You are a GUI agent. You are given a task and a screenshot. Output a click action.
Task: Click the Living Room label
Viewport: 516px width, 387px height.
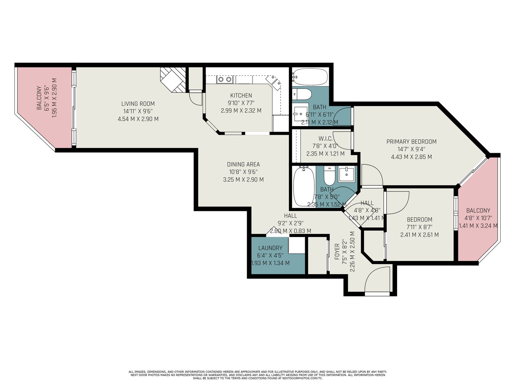coord(138,104)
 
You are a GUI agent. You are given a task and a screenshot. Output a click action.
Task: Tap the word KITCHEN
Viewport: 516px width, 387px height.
coord(241,95)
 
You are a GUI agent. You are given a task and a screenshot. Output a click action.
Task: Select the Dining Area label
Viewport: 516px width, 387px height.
coord(243,164)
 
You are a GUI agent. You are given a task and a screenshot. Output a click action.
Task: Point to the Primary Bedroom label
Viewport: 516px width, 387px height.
coord(412,142)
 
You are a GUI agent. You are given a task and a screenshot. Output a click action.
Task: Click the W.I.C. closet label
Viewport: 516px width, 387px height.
coord(326,139)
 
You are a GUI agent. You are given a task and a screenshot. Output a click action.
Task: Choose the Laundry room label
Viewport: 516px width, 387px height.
coord(270,248)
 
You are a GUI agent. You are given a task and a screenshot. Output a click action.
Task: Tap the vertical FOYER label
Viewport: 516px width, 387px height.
coord(337,252)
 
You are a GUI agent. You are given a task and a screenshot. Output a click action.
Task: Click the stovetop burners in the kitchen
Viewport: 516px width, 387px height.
coord(225,79)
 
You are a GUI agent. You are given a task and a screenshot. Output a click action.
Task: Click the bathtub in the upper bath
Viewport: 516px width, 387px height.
coord(310,77)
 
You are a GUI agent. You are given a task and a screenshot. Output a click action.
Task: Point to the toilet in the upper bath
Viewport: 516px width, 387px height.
coord(302,94)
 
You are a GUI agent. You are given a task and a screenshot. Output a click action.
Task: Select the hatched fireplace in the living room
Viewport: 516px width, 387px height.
coord(173,80)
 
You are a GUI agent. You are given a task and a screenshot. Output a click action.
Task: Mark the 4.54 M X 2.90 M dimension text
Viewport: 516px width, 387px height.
coord(138,119)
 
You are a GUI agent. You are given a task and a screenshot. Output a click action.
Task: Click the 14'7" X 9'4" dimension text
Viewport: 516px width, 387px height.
coord(412,149)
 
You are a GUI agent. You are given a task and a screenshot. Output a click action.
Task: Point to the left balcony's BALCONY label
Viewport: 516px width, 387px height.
coord(39,98)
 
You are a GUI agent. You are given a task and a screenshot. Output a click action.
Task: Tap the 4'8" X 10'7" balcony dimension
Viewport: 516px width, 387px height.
coord(478,218)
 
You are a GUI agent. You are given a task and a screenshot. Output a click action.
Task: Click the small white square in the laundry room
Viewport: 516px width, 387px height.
coord(297,245)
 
